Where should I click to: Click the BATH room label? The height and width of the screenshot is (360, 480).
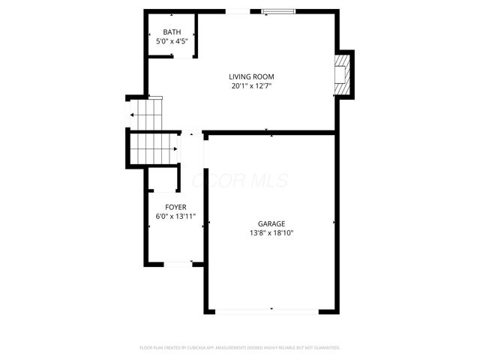pos(172,32)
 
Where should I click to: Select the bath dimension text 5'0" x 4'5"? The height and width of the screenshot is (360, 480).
pos(172,41)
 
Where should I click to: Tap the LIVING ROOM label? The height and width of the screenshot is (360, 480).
pos(251,76)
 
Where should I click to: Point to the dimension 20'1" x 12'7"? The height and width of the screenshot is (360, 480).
pos(251,85)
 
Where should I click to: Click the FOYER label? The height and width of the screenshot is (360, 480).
pos(176,207)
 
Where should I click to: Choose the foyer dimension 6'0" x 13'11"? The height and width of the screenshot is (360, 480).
pos(176,217)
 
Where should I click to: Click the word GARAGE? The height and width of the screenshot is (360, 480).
pos(271,223)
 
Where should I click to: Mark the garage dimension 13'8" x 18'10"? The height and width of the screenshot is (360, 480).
pos(271,232)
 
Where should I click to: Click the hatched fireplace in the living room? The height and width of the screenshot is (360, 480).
pos(343,74)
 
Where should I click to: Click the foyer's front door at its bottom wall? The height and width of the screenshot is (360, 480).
pos(177,263)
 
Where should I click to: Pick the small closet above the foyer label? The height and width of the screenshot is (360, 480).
pos(162,181)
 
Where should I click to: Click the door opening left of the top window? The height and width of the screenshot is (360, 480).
pos(240,11)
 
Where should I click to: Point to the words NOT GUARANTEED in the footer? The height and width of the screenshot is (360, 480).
pos(321,348)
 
